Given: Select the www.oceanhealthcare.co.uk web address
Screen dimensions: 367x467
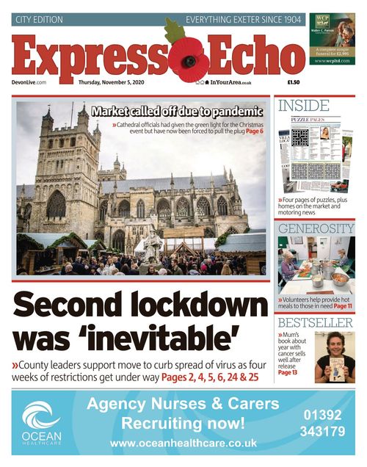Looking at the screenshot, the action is click(183, 444).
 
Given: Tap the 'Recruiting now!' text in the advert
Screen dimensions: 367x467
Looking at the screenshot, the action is click(183, 424).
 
